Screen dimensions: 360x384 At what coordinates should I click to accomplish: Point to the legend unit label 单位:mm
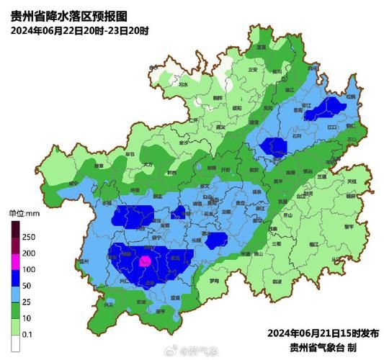click(22, 214)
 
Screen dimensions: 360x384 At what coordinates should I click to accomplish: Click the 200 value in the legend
click(30, 253)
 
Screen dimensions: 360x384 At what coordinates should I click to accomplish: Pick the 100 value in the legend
click(30, 269)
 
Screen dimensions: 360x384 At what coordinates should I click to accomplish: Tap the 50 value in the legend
click(28, 285)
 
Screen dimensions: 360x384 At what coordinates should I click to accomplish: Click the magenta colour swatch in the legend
click(15, 261)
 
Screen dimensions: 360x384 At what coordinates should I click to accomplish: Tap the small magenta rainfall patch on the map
click(145, 261)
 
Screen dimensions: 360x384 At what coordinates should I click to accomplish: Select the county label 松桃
click(350, 96)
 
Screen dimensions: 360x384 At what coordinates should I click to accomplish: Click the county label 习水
click(183, 84)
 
